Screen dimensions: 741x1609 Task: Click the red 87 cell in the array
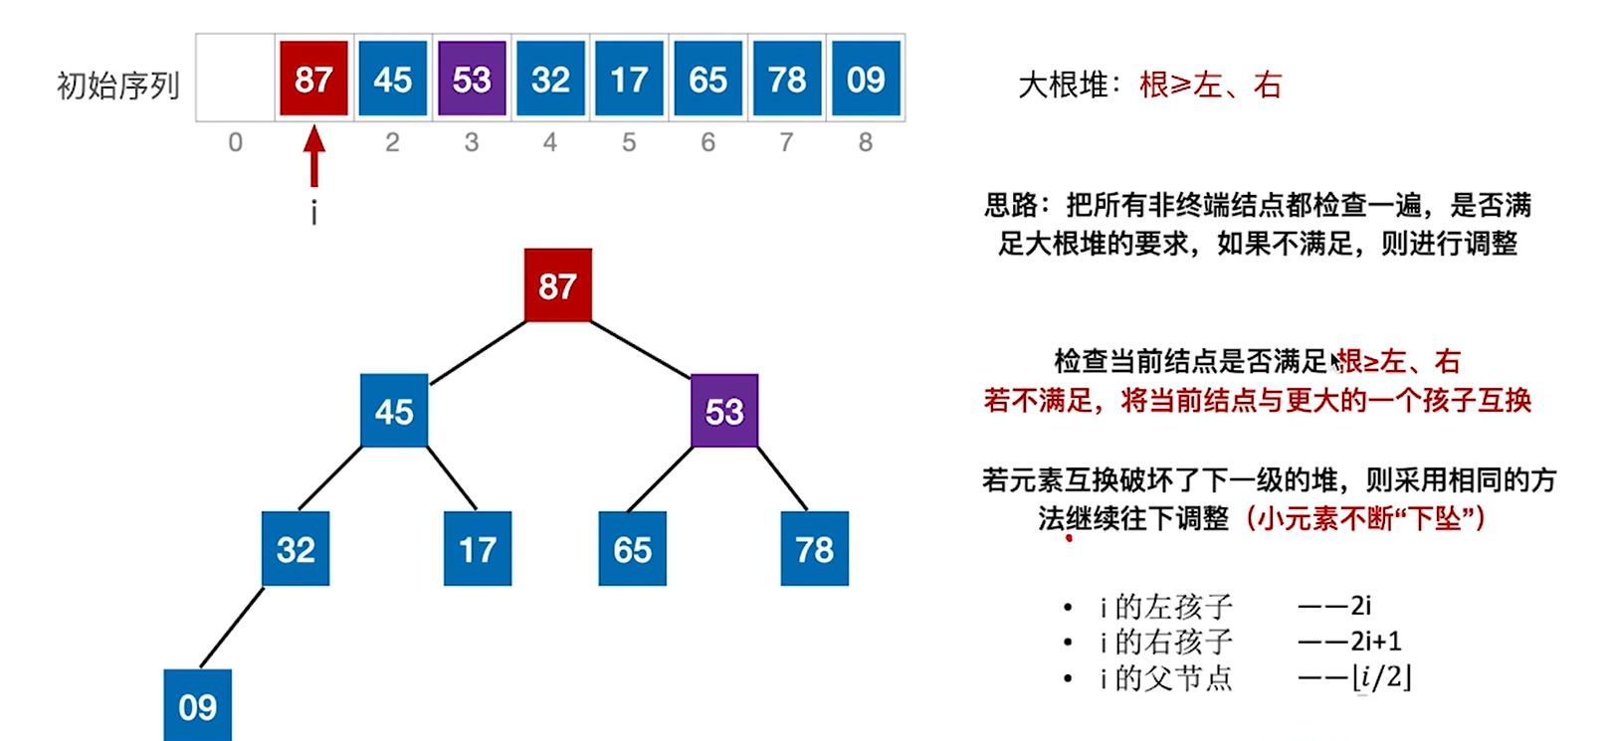(313, 79)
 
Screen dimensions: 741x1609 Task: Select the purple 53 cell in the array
(472, 79)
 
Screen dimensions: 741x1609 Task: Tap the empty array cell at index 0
(236, 79)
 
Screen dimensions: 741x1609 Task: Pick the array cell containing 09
(866, 79)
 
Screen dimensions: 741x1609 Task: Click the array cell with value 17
(629, 79)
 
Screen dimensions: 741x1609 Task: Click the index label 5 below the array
(629, 143)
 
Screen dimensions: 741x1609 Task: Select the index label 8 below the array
(866, 143)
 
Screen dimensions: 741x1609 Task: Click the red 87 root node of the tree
(558, 286)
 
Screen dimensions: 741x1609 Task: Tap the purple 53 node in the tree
(724, 411)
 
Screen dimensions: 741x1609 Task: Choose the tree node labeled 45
(394, 411)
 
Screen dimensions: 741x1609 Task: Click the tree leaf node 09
(198, 705)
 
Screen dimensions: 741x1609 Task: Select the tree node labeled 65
(633, 549)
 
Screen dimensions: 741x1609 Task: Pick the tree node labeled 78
(815, 549)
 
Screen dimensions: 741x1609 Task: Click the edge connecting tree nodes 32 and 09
(232, 628)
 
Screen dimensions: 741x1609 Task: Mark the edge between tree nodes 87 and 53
(641, 349)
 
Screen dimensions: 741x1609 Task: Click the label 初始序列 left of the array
(118, 86)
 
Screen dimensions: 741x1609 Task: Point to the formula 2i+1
(1376, 642)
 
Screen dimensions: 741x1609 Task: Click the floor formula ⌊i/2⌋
(1382, 677)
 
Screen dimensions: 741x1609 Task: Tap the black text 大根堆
(1064, 86)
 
